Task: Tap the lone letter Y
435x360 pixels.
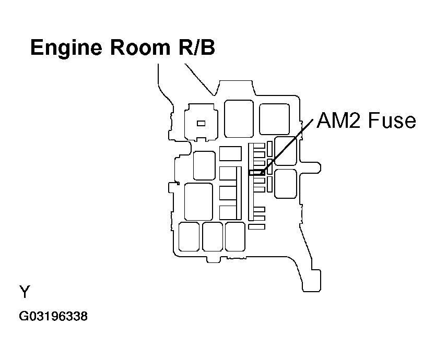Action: (24, 292)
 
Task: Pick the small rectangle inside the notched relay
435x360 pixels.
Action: (201, 123)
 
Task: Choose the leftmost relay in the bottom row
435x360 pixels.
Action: (189, 236)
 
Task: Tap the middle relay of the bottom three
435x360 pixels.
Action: (213, 236)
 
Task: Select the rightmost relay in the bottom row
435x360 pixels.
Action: (235, 236)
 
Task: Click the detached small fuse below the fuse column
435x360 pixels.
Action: (257, 226)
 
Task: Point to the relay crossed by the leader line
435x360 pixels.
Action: (285, 151)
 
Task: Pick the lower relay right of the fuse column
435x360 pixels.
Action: (285, 183)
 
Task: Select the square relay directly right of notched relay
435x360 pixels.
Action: (239, 119)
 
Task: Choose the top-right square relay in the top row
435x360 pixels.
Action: (274, 118)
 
